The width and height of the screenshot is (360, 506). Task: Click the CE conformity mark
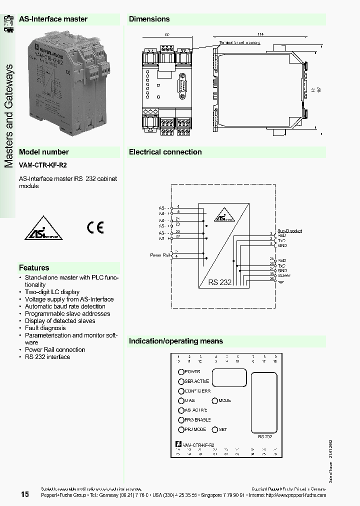pos(95,228)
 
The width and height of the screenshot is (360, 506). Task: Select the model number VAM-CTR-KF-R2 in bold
pos(42,165)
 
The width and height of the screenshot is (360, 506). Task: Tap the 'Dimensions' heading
pos(149,19)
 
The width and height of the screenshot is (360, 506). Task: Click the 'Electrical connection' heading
pos(165,152)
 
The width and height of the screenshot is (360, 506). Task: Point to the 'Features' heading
pos(34,268)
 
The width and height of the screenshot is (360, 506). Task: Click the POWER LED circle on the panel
pos(181,371)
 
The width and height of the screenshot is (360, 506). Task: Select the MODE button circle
pos(215,400)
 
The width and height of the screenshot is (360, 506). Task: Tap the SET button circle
pos(215,429)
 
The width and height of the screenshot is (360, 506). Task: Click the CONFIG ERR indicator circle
pos(181,391)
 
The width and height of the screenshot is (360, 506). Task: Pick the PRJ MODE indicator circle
pos(181,429)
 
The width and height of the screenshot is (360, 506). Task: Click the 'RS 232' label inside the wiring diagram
pos(220,282)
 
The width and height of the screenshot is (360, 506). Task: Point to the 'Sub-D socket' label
pos(290,231)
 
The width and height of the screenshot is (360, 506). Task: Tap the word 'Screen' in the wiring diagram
pos(284,275)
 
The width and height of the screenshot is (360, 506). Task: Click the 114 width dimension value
pos(260,34)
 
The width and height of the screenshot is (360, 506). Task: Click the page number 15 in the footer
pos(25,494)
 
